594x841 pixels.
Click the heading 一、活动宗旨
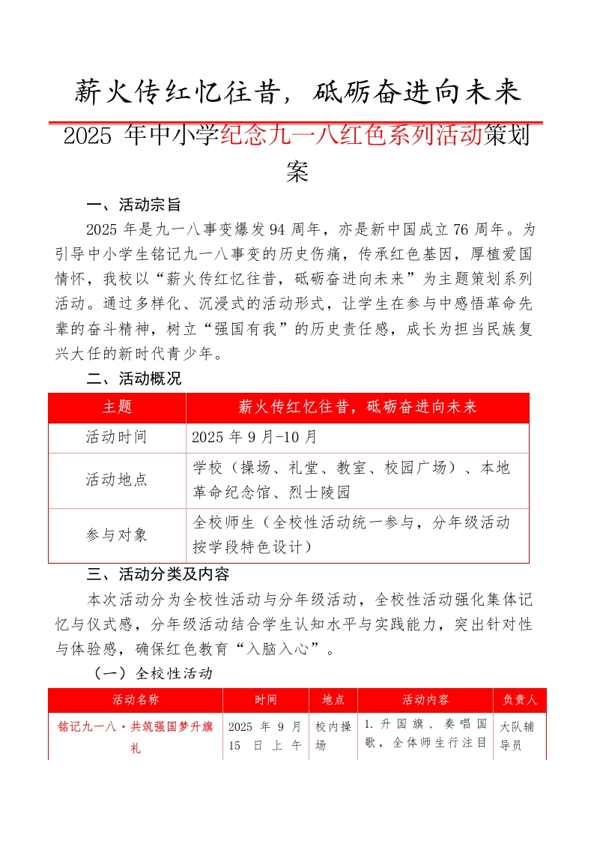coord(133,205)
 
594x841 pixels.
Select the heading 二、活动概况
coord(133,379)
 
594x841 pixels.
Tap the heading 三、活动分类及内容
coord(158,574)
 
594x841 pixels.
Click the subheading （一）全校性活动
coord(154,673)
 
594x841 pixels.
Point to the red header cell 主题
coord(117,407)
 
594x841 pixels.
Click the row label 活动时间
coord(117,437)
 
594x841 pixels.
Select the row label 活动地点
coord(117,480)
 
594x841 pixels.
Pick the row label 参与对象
coord(117,534)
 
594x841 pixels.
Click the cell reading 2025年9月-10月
coord(255,437)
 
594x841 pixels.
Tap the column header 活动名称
coord(136,700)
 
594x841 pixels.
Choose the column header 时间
coord(265,700)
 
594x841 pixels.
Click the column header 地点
coord(333,700)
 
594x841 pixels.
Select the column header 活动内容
coord(425,700)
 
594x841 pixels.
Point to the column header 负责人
coord(519,700)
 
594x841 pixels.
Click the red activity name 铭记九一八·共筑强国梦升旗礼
coord(136,736)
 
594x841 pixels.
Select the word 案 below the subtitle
coord(297,172)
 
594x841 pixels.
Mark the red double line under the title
coord(296,121)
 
